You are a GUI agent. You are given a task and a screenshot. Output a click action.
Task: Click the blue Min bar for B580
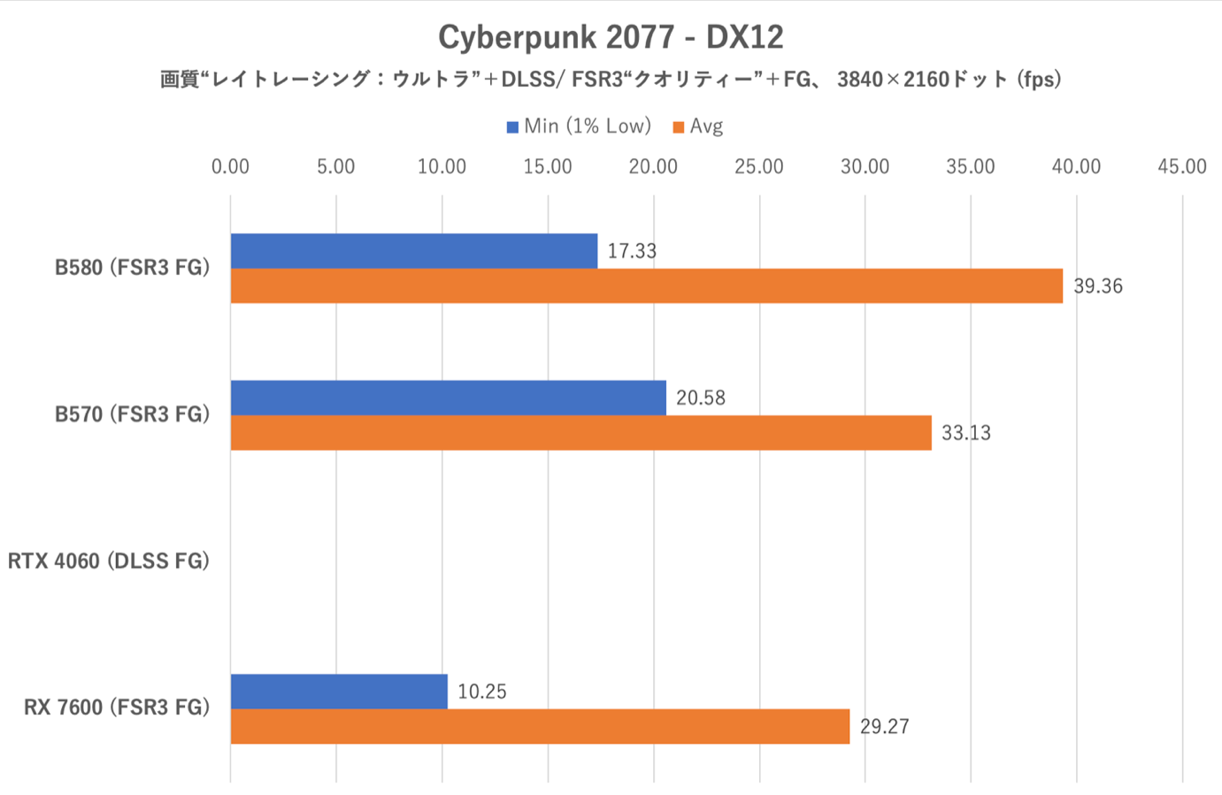tap(413, 251)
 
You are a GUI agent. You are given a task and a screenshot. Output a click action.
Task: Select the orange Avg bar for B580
tap(646, 286)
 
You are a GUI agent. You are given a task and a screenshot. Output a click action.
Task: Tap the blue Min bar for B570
tap(448, 398)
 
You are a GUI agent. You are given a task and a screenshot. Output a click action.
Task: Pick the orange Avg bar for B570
tap(580, 432)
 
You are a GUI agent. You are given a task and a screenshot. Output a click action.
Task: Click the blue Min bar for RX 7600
tap(339, 692)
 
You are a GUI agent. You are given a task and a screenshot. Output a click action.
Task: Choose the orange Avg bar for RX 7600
tap(540, 726)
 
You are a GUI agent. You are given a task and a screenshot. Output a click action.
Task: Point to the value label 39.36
tap(1097, 287)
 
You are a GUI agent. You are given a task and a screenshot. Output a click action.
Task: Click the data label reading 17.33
tap(632, 251)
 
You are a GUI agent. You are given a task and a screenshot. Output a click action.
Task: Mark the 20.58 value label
tap(700, 398)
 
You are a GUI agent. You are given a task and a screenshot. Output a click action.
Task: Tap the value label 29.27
tap(884, 727)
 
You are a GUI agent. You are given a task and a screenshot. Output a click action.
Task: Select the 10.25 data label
tap(481, 692)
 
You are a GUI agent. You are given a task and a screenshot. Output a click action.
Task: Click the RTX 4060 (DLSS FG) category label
tap(109, 561)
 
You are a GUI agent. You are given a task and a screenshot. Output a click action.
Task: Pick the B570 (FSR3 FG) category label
tap(132, 414)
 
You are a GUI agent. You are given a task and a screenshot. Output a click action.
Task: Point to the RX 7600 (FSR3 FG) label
tap(117, 707)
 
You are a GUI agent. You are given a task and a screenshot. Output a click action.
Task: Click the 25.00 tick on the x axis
tap(758, 166)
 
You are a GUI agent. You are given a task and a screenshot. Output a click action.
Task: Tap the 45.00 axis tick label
tap(1181, 166)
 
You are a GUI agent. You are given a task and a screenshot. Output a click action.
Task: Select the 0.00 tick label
tap(230, 166)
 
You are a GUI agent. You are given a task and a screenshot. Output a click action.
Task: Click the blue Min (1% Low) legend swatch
tap(512, 127)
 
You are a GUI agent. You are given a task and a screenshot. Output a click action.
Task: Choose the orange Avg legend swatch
tap(679, 127)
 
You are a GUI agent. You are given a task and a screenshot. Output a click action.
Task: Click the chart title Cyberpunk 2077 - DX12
tap(611, 37)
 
